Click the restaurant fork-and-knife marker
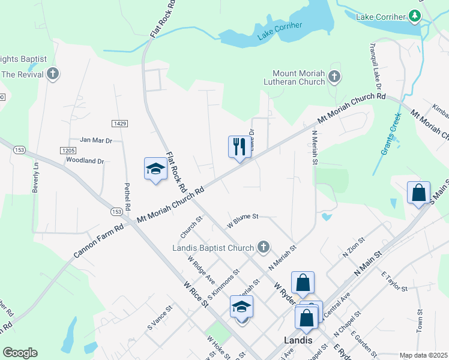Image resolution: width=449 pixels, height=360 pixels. click(240, 146)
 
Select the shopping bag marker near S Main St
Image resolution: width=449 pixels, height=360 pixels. click(418, 193)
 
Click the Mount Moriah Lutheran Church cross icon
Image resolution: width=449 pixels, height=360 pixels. click(334, 77)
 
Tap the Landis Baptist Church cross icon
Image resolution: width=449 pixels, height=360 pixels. click(262, 247)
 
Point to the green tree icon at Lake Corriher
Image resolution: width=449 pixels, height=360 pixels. click(414, 16)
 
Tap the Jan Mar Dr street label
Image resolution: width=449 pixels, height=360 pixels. click(97, 140)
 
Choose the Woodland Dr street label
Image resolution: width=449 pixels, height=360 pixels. click(85, 161)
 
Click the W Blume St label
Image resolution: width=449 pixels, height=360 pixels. click(242, 220)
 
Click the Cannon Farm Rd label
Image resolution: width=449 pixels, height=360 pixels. click(98, 238)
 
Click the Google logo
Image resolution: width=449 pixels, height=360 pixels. click(20, 353)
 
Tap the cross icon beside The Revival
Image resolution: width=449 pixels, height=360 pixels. click(53, 74)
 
